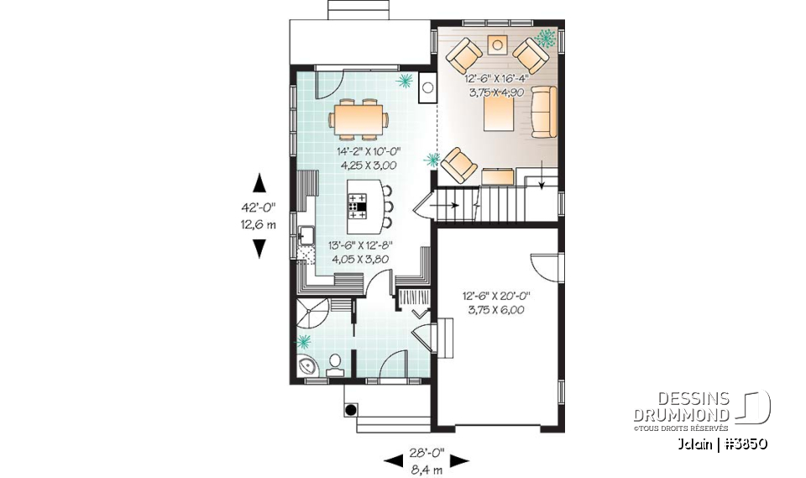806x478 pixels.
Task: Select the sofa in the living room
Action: [x=544, y=111]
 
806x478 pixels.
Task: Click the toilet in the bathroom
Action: [x=336, y=362]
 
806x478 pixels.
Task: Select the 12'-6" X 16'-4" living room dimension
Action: [x=495, y=85]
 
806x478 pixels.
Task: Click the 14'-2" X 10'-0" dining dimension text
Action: [x=369, y=158]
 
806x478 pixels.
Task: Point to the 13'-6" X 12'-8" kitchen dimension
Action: [x=360, y=252]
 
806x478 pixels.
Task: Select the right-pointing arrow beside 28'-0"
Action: [x=458, y=460]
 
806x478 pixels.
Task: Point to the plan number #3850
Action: [x=743, y=443]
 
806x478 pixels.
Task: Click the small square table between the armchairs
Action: [x=498, y=45]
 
